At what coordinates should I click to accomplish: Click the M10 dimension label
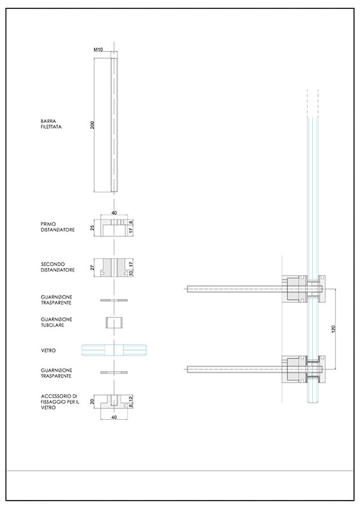coord(98,50)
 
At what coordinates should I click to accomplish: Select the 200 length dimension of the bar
coord(92,125)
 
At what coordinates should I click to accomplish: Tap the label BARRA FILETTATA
coord(51,124)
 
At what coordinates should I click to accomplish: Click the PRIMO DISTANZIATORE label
coord(58,227)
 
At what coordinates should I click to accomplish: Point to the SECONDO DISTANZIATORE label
coord(58,267)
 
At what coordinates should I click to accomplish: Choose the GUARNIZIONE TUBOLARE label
coord(56,323)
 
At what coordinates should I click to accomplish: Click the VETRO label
coord(48,351)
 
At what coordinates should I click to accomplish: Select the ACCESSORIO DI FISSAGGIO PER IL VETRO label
coord(60,402)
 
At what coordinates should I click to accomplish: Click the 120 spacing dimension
coord(334,329)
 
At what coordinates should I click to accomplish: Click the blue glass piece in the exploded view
coord(114,351)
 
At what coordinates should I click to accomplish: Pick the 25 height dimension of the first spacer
coord(92,228)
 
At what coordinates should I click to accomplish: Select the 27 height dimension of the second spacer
coord(92,268)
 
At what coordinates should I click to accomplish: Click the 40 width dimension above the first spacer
coord(114,213)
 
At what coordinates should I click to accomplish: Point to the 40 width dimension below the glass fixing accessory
coord(114,417)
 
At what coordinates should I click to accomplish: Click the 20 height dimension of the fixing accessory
coord(92,402)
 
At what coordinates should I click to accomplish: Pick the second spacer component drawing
coord(114,268)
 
